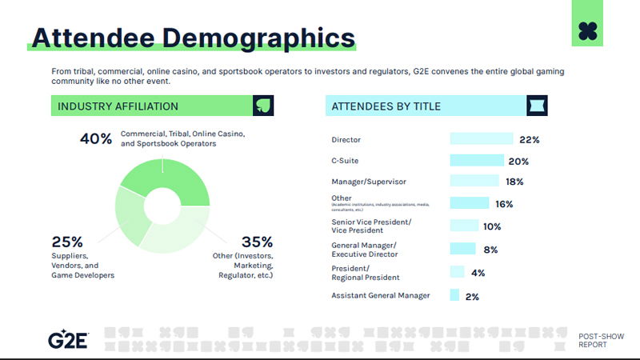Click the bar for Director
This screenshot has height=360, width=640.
click(x=481, y=139)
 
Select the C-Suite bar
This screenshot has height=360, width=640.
click(x=477, y=161)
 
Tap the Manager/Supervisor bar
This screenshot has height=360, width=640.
click(x=474, y=182)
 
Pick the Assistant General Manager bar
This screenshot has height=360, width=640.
click(x=454, y=295)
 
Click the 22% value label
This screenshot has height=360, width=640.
click(x=529, y=139)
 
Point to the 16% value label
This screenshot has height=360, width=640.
click(x=503, y=204)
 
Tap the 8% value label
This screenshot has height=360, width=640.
click(x=490, y=250)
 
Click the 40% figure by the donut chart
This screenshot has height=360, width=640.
click(x=96, y=138)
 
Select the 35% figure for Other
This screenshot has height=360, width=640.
click(x=257, y=242)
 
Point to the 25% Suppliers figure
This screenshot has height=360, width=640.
click(x=67, y=242)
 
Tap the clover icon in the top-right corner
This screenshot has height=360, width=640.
click(x=590, y=31)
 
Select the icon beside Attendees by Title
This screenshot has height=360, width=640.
click(x=537, y=106)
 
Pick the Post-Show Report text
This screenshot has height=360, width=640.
click(x=597, y=339)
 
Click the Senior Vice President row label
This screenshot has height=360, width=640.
click(x=371, y=225)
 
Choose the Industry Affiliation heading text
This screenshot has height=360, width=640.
click(x=118, y=106)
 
